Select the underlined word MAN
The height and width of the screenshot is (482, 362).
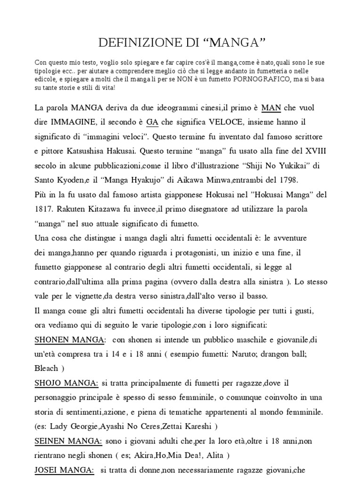coord(271,108)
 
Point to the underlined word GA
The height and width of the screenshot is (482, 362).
coord(152,122)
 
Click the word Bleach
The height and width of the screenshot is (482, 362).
coord(46,368)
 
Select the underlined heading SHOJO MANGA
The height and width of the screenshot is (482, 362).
coord(64,384)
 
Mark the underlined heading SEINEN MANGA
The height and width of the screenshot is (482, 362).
coord(68,441)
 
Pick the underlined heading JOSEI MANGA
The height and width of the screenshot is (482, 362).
coord(64,470)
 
